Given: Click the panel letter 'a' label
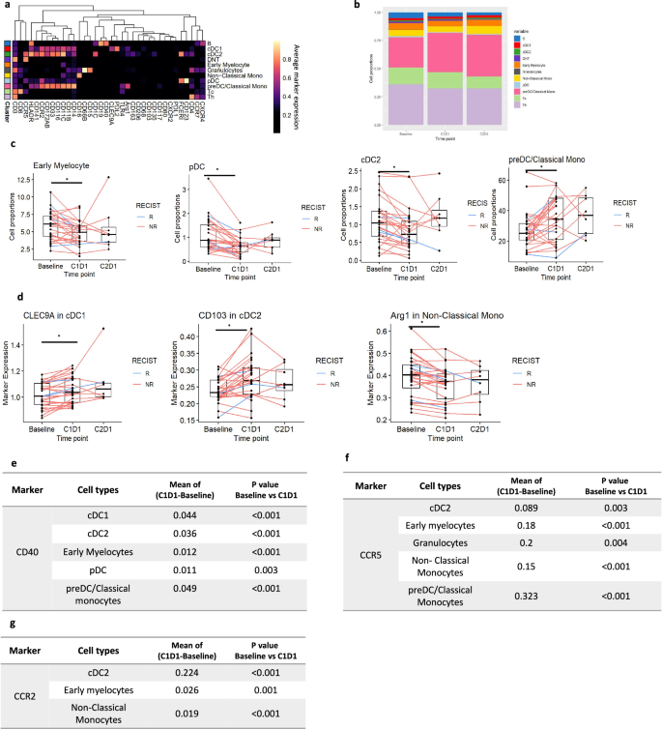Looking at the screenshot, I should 6,7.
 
